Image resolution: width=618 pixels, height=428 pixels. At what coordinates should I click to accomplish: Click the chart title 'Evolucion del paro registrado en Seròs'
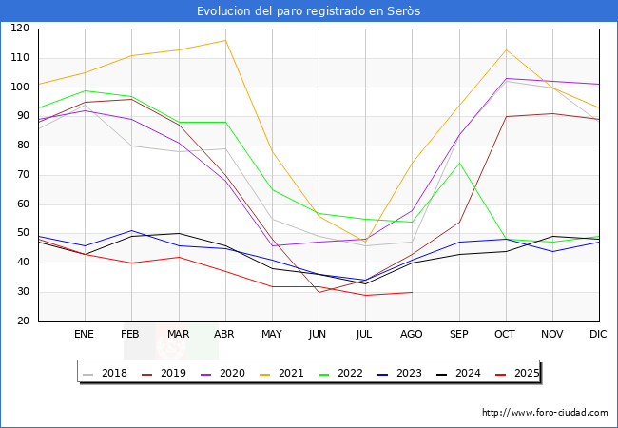point(309,10)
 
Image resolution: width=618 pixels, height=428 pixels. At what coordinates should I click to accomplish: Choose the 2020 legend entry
point(224,373)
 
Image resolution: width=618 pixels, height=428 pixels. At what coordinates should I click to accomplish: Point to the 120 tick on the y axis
point(20,29)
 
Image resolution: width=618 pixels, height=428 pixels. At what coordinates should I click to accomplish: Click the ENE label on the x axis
point(85,335)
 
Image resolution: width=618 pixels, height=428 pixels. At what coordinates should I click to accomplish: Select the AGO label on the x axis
point(412,335)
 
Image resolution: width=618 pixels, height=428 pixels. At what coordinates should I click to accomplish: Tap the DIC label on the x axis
point(598,335)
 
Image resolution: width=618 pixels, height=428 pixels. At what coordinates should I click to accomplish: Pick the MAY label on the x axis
point(272,335)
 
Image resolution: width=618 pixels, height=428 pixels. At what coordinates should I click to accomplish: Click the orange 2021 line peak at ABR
point(225,40)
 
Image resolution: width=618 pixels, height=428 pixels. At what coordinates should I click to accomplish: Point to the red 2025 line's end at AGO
point(412,292)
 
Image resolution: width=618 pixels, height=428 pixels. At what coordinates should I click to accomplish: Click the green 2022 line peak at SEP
point(459,163)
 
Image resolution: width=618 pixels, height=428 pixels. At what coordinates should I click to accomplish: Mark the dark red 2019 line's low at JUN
point(319,292)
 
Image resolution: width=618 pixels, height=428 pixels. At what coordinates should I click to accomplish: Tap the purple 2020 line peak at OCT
point(506,78)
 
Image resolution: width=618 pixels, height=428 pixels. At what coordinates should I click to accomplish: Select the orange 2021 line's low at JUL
point(365,243)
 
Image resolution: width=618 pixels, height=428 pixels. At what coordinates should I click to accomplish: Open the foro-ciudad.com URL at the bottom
point(545,413)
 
